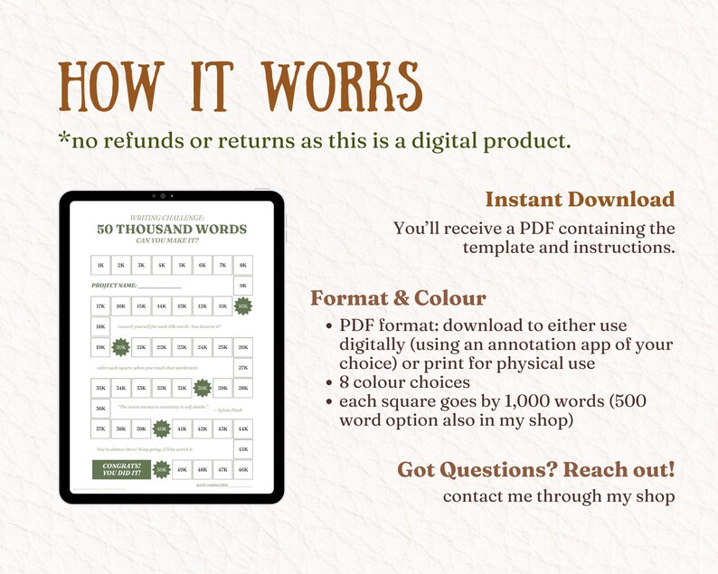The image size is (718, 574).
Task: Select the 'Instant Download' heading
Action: [580, 199]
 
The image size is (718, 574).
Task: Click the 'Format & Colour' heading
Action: [399, 298]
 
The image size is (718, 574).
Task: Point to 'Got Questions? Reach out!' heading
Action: [536, 470]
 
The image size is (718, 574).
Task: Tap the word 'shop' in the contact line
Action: [655, 496]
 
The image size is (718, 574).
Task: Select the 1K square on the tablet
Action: [100, 265]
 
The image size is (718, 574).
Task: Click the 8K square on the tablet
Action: [242, 265]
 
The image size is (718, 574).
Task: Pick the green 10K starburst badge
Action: [242, 306]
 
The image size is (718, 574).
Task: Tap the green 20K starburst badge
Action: [121, 347]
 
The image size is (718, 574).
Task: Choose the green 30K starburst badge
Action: [203, 388]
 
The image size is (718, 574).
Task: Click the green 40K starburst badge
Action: [162, 428]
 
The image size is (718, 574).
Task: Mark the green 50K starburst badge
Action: [162, 469]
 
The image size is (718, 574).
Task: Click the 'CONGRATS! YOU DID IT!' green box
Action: [120, 469]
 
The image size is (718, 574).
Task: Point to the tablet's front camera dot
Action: [172, 195]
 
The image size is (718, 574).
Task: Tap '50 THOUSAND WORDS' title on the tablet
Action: [172, 229]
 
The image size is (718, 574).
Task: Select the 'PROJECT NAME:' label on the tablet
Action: [113, 286]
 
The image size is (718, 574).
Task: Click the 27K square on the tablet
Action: [242, 368]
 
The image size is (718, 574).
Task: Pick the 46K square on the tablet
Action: [242, 469]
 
